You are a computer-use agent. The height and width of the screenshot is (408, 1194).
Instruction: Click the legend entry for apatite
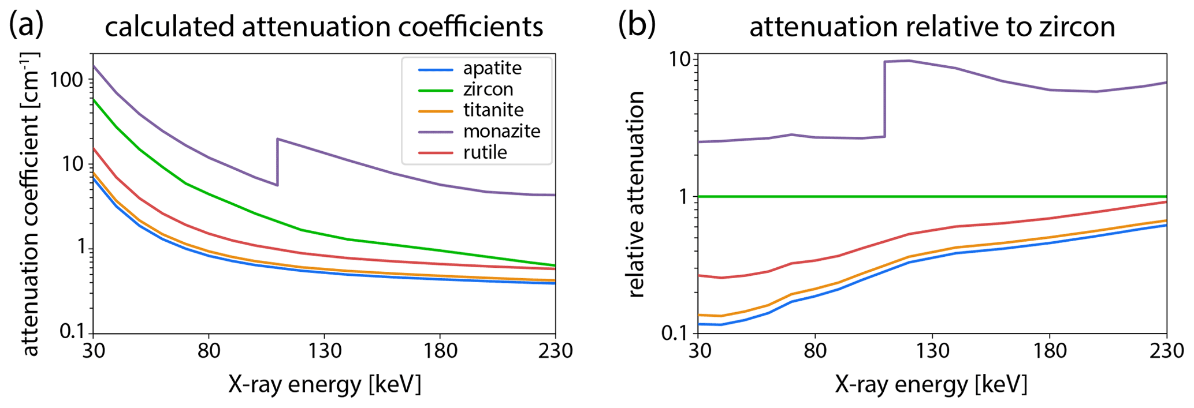point(492,68)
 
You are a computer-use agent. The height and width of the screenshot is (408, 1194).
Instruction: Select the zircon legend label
point(488,89)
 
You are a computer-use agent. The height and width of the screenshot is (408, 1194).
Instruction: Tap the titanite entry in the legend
point(493,110)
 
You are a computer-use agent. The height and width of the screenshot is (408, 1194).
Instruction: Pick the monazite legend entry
point(501,132)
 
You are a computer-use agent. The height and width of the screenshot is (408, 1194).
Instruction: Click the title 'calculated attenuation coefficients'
point(323,27)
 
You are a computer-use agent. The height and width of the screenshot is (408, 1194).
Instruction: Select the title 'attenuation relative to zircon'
point(932,27)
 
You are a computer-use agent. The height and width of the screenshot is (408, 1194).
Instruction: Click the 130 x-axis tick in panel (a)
point(324,350)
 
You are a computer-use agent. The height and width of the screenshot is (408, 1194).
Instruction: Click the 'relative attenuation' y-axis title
point(636,194)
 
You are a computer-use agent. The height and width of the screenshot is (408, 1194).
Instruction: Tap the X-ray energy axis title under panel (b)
point(931,384)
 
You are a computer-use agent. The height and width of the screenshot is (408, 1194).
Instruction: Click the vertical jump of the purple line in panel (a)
point(277,162)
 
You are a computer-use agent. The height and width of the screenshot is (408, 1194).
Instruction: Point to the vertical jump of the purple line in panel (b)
point(884,99)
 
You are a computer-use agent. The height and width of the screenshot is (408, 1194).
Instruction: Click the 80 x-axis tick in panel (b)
point(814,350)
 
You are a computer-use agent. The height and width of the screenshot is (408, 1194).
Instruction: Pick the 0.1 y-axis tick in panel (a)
point(73,331)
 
